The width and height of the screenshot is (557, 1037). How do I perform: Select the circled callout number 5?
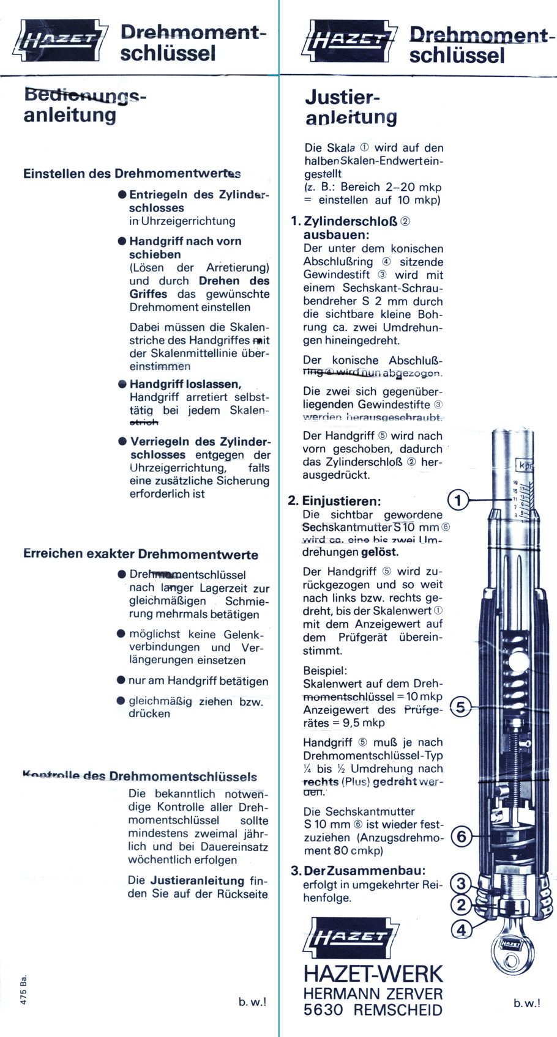pyautogui.click(x=461, y=708)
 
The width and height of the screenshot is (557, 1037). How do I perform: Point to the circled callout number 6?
pyautogui.click(x=462, y=836)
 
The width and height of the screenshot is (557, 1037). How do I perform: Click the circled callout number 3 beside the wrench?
pyautogui.click(x=461, y=884)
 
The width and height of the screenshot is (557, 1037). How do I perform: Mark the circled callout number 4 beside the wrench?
pyautogui.click(x=461, y=930)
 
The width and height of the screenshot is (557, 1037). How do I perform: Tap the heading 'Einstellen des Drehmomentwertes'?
pyautogui.click(x=132, y=174)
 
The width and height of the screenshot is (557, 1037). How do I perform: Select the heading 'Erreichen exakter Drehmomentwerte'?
pyautogui.click(x=140, y=555)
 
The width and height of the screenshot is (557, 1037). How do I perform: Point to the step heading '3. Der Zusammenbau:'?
pyautogui.click(x=357, y=871)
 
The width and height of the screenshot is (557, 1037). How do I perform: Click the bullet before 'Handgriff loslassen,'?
pyautogui.click(x=122, y=384)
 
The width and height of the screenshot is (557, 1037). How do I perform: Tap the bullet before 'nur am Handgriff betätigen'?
pyautogui.click(x=121, y=681)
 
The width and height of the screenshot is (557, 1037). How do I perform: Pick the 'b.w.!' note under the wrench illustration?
pyautogui.click(x=527, y=1003)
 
